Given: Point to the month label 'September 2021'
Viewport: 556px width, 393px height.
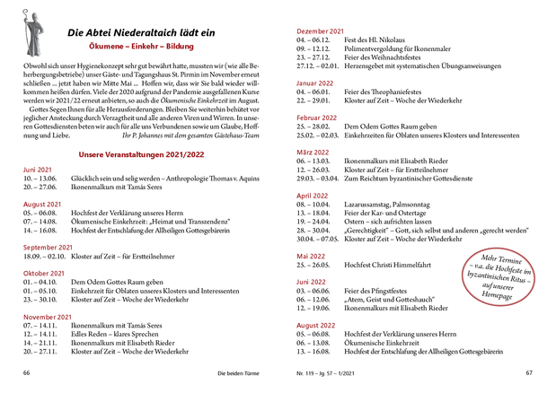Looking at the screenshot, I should (49, 222).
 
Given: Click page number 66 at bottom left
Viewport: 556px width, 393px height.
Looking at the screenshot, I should (28, 371).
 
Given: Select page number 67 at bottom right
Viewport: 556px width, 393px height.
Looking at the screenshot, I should (529, 371).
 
